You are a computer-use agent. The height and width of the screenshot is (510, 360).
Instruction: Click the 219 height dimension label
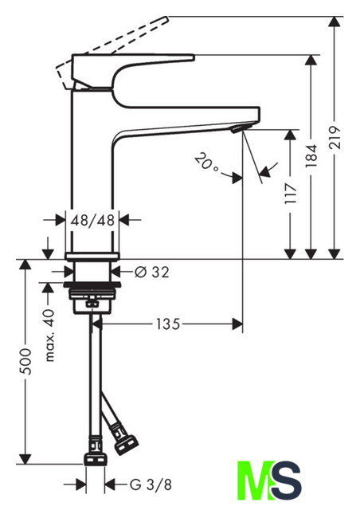(x=335, y=137)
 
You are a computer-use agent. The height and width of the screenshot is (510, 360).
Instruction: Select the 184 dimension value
(x=311, y=155)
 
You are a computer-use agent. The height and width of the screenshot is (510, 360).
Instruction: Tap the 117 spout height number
(x=291, y=193)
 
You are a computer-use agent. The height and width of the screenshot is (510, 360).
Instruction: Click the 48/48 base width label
(x=92, y=220)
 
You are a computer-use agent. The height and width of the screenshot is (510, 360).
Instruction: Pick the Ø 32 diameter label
(x=152, y=272)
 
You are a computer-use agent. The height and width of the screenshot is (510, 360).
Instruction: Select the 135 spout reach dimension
(x=168, y=324)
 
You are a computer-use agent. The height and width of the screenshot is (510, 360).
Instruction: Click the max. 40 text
(x=49, y=335)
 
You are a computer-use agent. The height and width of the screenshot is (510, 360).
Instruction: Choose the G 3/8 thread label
(x=151, y=485)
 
